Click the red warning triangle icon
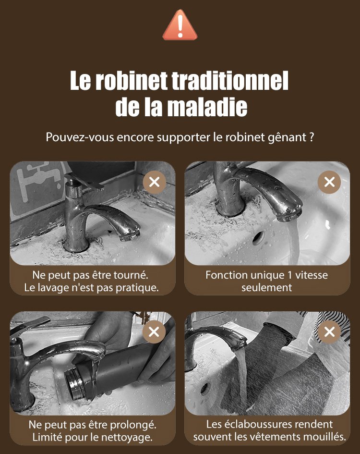[180, 25]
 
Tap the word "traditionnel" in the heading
[230, 81]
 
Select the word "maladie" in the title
[207, 107]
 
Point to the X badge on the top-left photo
[155, 182]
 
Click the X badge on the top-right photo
[329, 182]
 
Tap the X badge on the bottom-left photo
[154, 331]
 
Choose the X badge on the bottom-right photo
[329, 331]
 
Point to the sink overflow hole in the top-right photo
[258, 237]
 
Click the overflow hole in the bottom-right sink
[205, 389]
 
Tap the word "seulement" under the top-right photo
[266, 288]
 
